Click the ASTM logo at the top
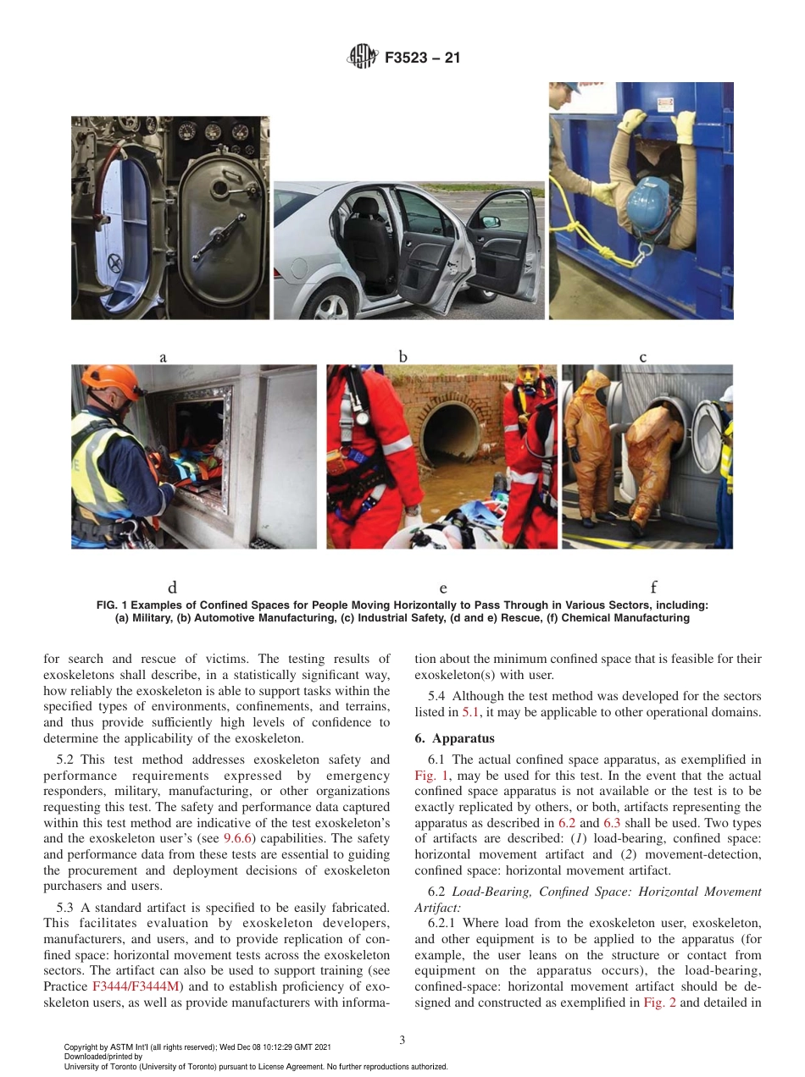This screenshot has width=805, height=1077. click(x=364, y=58)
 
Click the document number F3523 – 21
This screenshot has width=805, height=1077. click(x=422, y=59)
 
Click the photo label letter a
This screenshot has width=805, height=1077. click(x=163, y=358)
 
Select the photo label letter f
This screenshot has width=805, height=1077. click(x=653, y=587)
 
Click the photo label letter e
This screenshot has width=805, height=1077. click(x=442, y=588)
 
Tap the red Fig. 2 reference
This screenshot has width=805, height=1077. click(x=659, y=1002)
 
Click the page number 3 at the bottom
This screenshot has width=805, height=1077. click(x=402, y=1040)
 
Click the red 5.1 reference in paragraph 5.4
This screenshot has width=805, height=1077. click(x=470, y=712)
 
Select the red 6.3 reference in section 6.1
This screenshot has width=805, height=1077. click(x=612, y=822)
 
